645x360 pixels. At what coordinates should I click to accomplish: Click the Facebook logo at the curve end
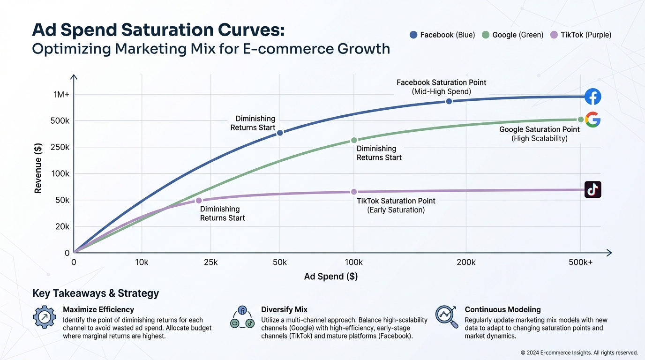click(593, 97)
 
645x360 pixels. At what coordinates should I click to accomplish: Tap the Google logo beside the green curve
click(593, 120)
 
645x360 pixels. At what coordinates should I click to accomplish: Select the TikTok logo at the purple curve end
click(593, 190)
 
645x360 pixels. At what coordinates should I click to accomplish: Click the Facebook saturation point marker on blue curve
click(449, 101)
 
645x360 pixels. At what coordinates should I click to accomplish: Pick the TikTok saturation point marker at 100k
click(354, 192)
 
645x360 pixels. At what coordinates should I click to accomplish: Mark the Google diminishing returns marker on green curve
click(354, 140)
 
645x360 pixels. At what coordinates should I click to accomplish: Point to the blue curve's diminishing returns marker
click(280, 133)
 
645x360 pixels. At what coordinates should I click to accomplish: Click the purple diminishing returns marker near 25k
click(199, 201)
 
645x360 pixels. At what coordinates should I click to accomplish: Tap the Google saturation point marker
click(581, 120)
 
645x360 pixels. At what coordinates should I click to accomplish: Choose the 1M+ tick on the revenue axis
click(61, 95)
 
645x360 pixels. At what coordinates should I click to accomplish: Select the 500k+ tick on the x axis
click(581, 262)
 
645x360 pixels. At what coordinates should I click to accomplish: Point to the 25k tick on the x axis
click(211, 262)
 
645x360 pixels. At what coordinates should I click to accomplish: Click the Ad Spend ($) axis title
click(331, 277)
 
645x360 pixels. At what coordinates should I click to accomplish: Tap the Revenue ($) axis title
click(38, 168)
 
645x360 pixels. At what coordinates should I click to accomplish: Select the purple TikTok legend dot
click(554, 35)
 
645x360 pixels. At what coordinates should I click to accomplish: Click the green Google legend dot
click(486, 35)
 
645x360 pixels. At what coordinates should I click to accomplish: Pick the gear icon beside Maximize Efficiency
click(45, 317)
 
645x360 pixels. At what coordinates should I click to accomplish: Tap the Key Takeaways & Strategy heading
click(96, 293)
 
